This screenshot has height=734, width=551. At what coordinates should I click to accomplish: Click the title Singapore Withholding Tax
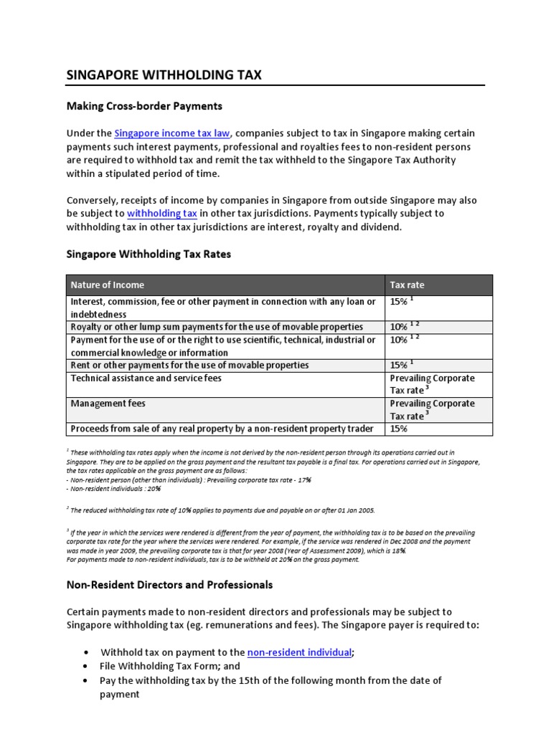coord(164,75)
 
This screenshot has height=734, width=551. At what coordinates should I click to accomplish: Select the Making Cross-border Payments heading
coord(144,106)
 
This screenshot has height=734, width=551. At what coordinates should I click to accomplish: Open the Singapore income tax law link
coord(172,133)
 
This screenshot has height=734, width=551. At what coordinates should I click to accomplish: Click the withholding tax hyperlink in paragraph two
coord(162,214)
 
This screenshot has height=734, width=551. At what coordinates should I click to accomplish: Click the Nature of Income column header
coord(107,285)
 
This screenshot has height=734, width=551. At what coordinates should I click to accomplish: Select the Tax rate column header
coord(407,285)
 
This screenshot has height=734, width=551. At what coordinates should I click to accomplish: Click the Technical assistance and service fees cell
coord(146,378)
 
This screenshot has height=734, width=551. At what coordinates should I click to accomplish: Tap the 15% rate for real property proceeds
coord(400,429)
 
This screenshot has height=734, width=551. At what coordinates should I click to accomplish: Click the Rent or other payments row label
coord(189,365)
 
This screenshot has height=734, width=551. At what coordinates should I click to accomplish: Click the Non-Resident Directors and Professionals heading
coord(169,585)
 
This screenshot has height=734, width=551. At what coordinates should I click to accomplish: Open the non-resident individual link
coord(299,652)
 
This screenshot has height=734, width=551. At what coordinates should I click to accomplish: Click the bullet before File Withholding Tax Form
coord(86,666)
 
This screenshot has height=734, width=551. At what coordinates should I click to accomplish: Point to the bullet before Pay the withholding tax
coord(86,680)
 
